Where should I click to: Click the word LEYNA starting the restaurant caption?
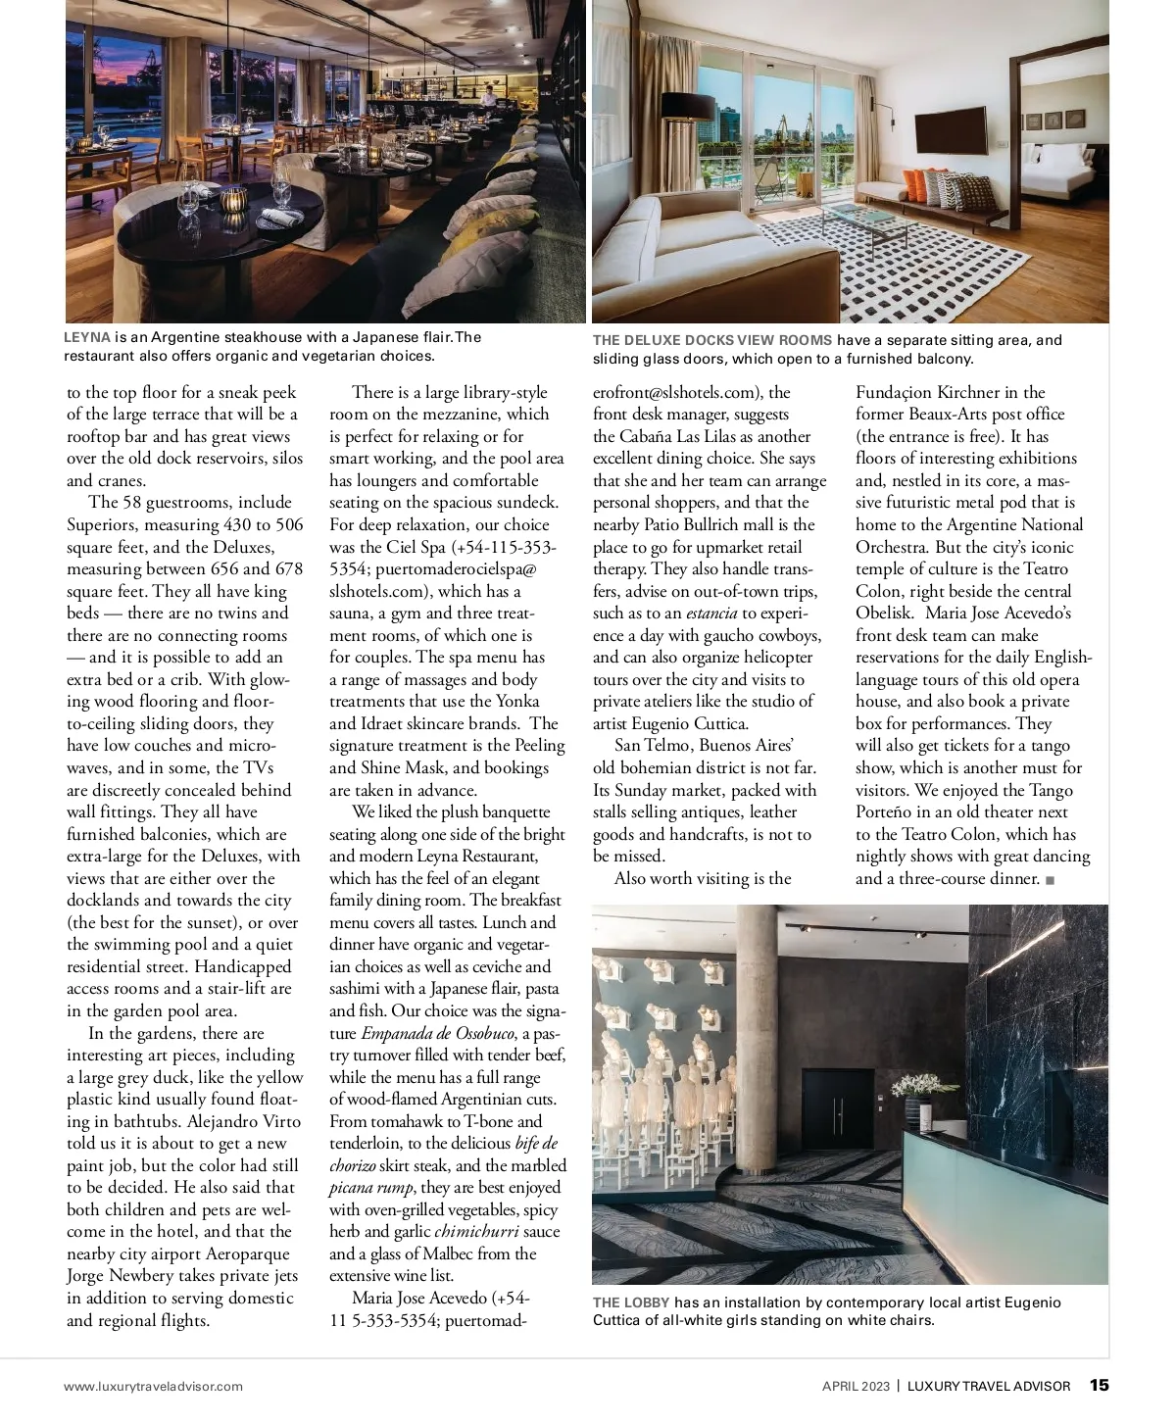(87, 336)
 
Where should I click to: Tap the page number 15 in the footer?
(1100, 1385)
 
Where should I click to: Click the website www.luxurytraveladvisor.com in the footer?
(154, 1386)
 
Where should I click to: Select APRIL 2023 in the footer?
(856, 1386)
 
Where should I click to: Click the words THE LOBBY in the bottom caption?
(631, 1302)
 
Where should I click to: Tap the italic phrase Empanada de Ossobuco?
(437, 1033)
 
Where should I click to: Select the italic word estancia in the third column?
(711, 614)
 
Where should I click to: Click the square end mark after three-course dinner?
(1051, 880)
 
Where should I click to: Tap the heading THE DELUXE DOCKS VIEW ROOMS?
(711, 340)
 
